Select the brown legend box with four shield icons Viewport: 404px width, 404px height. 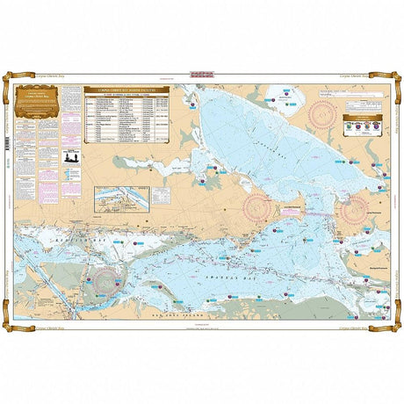(361, 125)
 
